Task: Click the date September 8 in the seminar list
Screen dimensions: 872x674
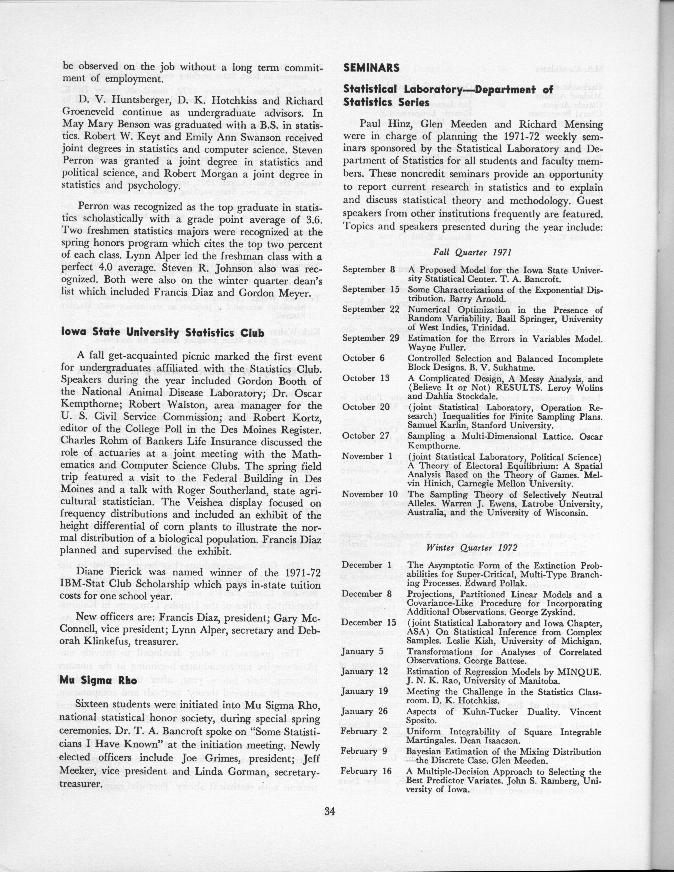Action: (369, 270)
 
